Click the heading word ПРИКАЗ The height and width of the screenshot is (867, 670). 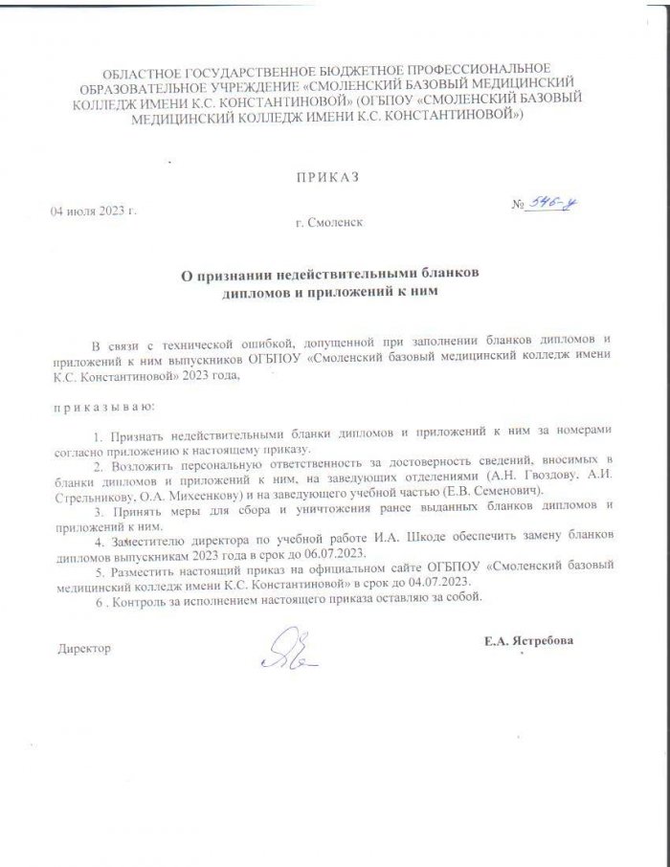pyautogui.click(x=330, y=178)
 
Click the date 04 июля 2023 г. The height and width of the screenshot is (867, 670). pyautogui.click(x=94, y=211)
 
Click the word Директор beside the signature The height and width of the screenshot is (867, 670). pyautogui.click(x=85, y=649)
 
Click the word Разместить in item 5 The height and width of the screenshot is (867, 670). pyautogui.click(x=145, y=567)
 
